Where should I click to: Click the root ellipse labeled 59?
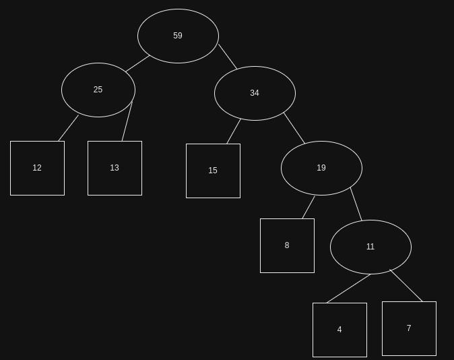pos(178,36)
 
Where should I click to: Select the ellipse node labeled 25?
pos(98,90)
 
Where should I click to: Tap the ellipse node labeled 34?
pos(255,93)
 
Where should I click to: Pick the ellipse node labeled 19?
pos(321,168)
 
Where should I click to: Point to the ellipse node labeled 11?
pos(370,247)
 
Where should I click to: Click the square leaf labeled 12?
pos(37,168)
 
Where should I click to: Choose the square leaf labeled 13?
pos(115,168)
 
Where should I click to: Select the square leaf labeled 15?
pos(213,171)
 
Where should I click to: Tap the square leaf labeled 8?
pos(287,245)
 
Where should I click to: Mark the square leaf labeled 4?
pos(339,330)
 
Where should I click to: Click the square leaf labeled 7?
pos(409,328)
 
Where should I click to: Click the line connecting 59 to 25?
pos(137,63)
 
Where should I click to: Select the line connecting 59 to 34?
pos(228,57)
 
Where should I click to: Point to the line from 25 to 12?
pos(69,128)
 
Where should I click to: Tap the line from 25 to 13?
pos(127,121)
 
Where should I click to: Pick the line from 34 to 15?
pos(234,131)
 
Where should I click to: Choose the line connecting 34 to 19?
pos(294,128)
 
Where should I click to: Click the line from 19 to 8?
pos(309,207)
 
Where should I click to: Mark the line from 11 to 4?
pos(349,289)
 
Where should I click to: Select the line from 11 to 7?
pos(406,286)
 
